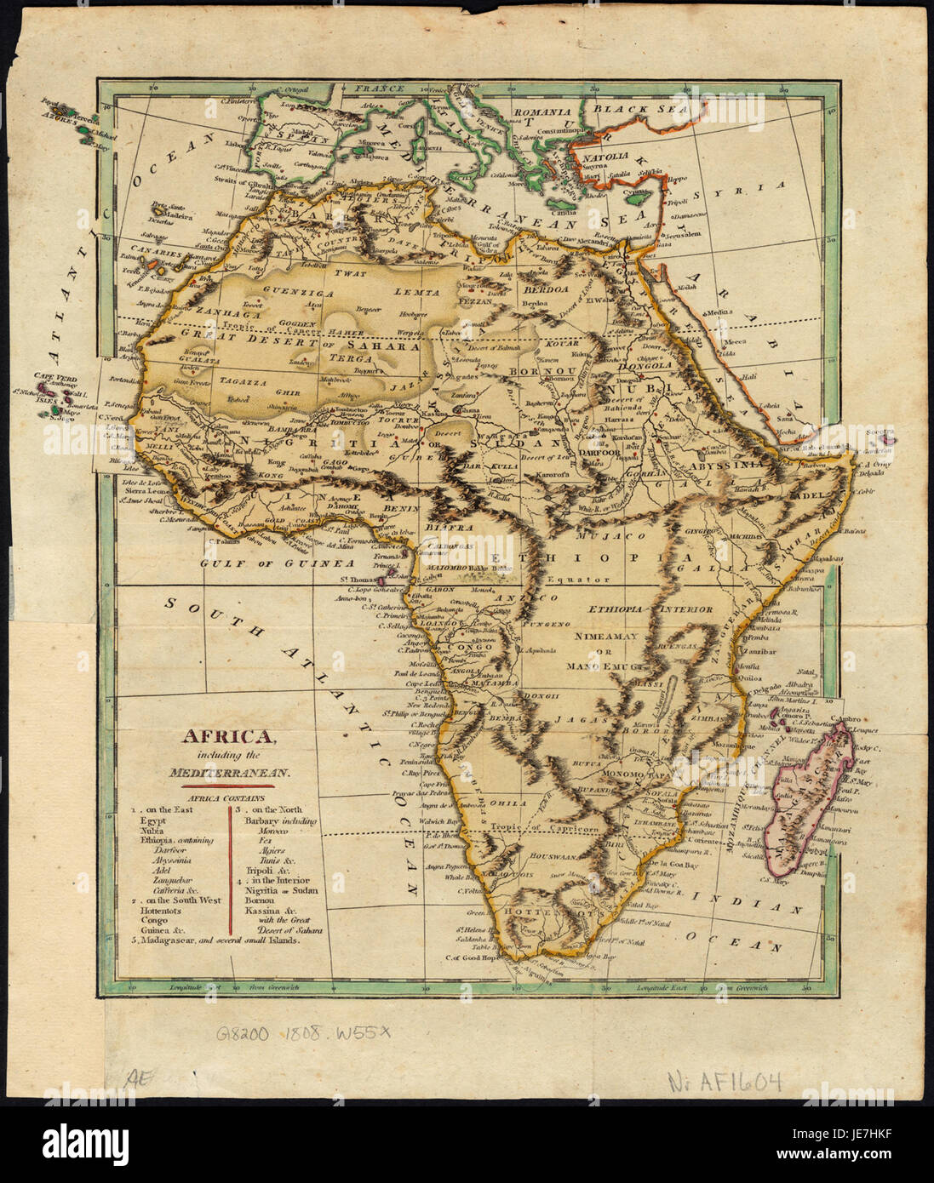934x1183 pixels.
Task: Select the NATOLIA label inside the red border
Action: pos(604,157)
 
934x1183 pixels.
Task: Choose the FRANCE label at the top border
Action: pos(378,88)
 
